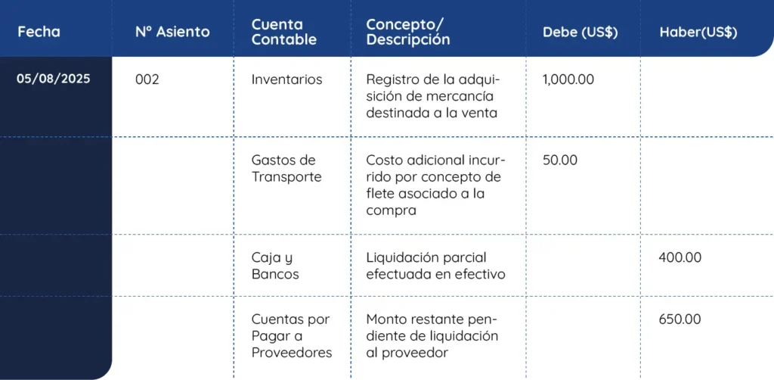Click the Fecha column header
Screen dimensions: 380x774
(x=39, y=32)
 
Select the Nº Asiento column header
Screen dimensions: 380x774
(x=172, y=32)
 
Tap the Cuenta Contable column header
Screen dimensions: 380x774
(x=283, y=32)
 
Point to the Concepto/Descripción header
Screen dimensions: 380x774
(x=407, y=32)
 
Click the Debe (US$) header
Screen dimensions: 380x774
(x=580, y=33)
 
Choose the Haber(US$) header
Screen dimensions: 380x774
(x=698, y=33)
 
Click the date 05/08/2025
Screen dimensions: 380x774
(x=53, y=79)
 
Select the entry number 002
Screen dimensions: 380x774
(x=147, y=79)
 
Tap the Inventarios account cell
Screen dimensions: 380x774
(x=286, y=79)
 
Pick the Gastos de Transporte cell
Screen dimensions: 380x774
(x=286, y=169)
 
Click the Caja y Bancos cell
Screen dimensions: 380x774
(x=275, y=266)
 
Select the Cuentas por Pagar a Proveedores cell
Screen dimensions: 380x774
(x=291, y=336)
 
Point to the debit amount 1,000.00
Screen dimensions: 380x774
(x=568, y=79)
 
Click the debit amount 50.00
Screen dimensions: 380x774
(x=560, y=160)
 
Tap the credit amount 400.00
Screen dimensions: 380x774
(x=680, y=257)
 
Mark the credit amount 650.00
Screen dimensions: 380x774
(x=680, y=319)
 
